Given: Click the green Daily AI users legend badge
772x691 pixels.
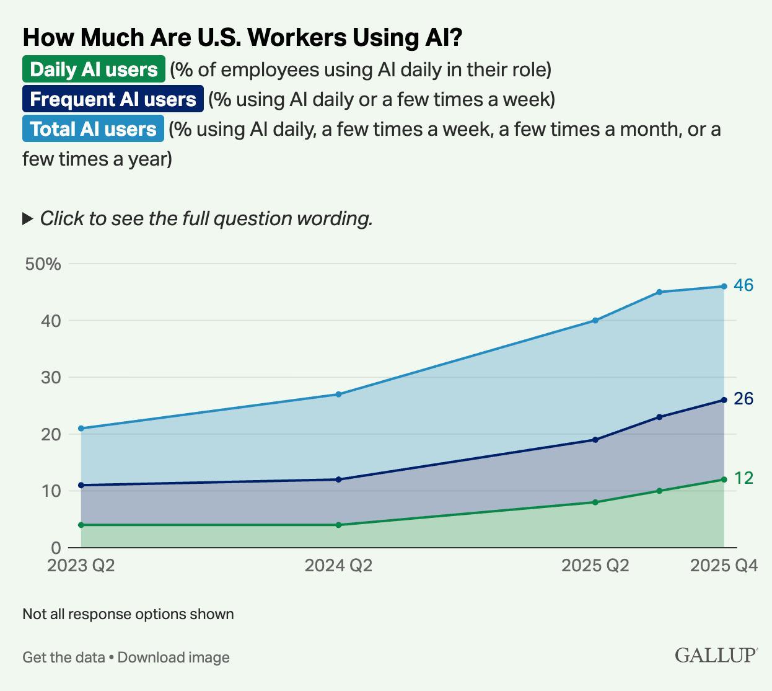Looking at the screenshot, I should [x=94, y=69].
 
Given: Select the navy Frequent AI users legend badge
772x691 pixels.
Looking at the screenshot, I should [x=113, y=99].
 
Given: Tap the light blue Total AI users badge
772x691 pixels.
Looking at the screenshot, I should [x=93, y=129].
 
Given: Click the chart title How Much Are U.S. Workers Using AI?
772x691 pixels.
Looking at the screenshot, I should [x=242, y=38].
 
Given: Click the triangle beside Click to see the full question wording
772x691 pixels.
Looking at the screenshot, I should [x=27, y=218].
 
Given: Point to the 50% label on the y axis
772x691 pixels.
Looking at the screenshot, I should [x=43, y=264].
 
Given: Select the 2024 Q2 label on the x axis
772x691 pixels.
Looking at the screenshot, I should [x=338, y=566].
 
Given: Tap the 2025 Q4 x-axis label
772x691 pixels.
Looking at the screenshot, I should [x=724, y=566].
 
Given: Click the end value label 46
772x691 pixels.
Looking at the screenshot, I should [x=743, y=285].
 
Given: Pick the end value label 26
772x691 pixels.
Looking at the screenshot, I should [x=743, y=399].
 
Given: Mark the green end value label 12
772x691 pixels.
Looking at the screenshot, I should [x=743, y=478].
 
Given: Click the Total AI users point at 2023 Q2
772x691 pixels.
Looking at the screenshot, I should [x=81, y=428].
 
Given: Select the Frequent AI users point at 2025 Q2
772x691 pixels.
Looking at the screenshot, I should [x=595, y=440].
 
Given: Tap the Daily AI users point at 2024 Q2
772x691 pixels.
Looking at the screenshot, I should [x=338, y=525].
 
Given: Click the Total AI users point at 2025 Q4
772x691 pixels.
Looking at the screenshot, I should [x=724, y=286].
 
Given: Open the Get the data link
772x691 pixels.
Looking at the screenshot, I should [x=63, y=657].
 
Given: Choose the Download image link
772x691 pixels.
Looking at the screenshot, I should [x=173, y=657].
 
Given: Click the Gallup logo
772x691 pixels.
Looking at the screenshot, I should [x=716, y=655].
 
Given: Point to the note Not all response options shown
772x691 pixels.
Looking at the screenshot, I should [x=128, y=614].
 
